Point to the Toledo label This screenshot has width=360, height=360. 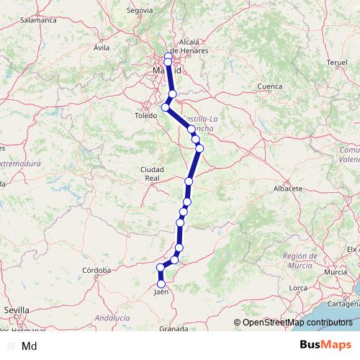point(146,115)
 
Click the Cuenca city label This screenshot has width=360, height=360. point(269,86)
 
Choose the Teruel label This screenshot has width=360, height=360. point(337,63)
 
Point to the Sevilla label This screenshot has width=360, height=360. point(17,310)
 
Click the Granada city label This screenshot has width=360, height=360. point(174,328)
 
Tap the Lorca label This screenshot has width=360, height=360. point(299,288)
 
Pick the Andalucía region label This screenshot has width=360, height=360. point(113,317)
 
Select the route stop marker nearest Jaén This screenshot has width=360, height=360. point(161,283)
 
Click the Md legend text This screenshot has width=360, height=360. point(30,346)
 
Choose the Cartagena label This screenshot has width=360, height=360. point(348,304)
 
